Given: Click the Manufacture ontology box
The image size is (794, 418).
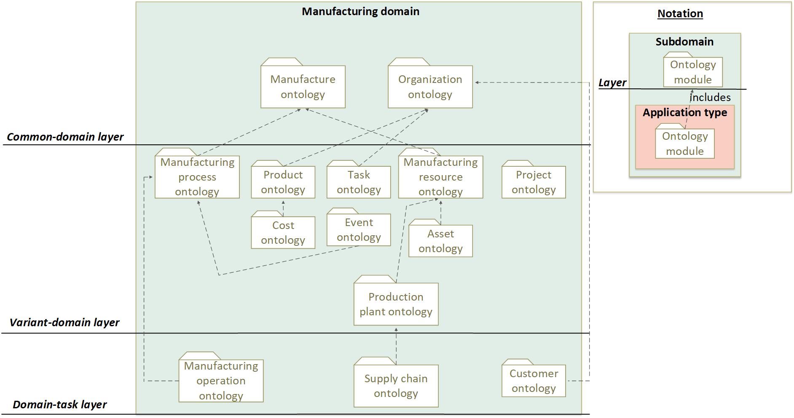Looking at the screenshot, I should [x=303, y=87].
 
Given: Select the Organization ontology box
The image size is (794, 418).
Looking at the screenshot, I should [x=430, y=87].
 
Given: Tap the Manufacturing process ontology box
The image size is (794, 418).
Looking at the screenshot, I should [x=197, y=177].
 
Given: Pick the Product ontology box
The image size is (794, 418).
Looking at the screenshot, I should [x=283, y=182].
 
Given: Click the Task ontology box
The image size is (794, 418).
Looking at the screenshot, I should [x=359, y=182].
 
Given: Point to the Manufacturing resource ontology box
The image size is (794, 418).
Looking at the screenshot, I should [x=440, y=177].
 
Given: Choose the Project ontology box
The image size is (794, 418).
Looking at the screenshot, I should [x=534, y=182].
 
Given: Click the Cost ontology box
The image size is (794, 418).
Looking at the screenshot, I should [x=283, y=232].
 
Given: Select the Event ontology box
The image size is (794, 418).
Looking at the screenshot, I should [x=359, y=229].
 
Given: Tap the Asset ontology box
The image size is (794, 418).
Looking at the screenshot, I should [x=440, y=241].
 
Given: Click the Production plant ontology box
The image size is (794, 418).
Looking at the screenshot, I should [x=396, y=304].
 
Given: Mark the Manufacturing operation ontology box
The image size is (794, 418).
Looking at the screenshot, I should [x=221, y=381].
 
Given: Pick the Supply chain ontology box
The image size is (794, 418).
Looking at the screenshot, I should [x=396, y=386].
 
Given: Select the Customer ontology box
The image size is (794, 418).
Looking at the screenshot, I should [x=534, y=381].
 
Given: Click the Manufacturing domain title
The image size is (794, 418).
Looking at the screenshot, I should [x=360, y=11].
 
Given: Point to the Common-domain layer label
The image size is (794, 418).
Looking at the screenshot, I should [x=65, y=137].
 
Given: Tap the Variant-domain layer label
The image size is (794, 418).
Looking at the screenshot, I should [x=64, y=322].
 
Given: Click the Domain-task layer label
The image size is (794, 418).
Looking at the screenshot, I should [x=59, y=405].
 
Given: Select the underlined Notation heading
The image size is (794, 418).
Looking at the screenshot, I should [x=680, y=13].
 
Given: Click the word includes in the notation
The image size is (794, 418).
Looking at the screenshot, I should [x=710, y=98].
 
